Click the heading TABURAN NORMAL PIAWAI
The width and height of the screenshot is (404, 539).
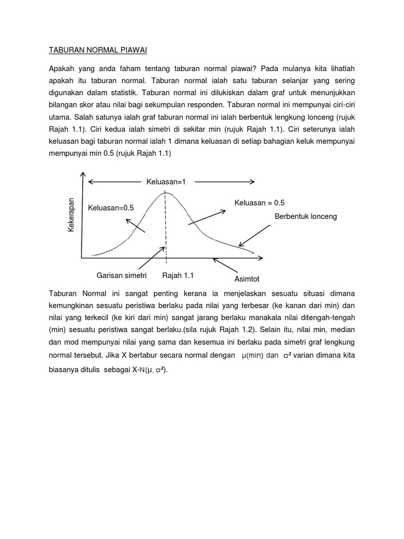coord(98,51)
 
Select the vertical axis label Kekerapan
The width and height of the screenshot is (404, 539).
coord(72,215)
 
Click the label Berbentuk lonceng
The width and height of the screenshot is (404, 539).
coord(306,216)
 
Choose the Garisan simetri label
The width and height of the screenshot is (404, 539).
coord(122,275)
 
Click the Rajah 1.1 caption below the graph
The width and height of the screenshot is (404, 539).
coord(178,275)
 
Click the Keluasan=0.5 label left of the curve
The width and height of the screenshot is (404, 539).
coord(111,208)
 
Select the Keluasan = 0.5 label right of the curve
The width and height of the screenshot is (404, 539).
coord(259,202)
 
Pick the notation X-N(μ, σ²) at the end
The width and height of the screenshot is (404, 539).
coord(147,370)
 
